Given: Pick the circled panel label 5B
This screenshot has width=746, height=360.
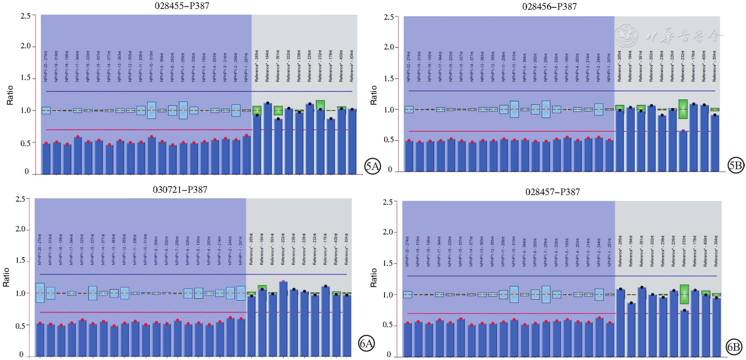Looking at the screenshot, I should tap(735, 166).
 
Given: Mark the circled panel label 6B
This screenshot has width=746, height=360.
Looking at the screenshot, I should tap(734, 346).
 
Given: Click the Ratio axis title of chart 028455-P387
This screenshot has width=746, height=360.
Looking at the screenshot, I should tap(9, 95).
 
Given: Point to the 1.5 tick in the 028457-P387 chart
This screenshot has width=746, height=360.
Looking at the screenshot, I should tap(387, 263).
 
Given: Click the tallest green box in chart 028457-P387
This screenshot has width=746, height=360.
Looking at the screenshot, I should tap(684, 294).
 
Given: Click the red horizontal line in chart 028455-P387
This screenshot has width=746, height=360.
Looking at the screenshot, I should tap(145, 130).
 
